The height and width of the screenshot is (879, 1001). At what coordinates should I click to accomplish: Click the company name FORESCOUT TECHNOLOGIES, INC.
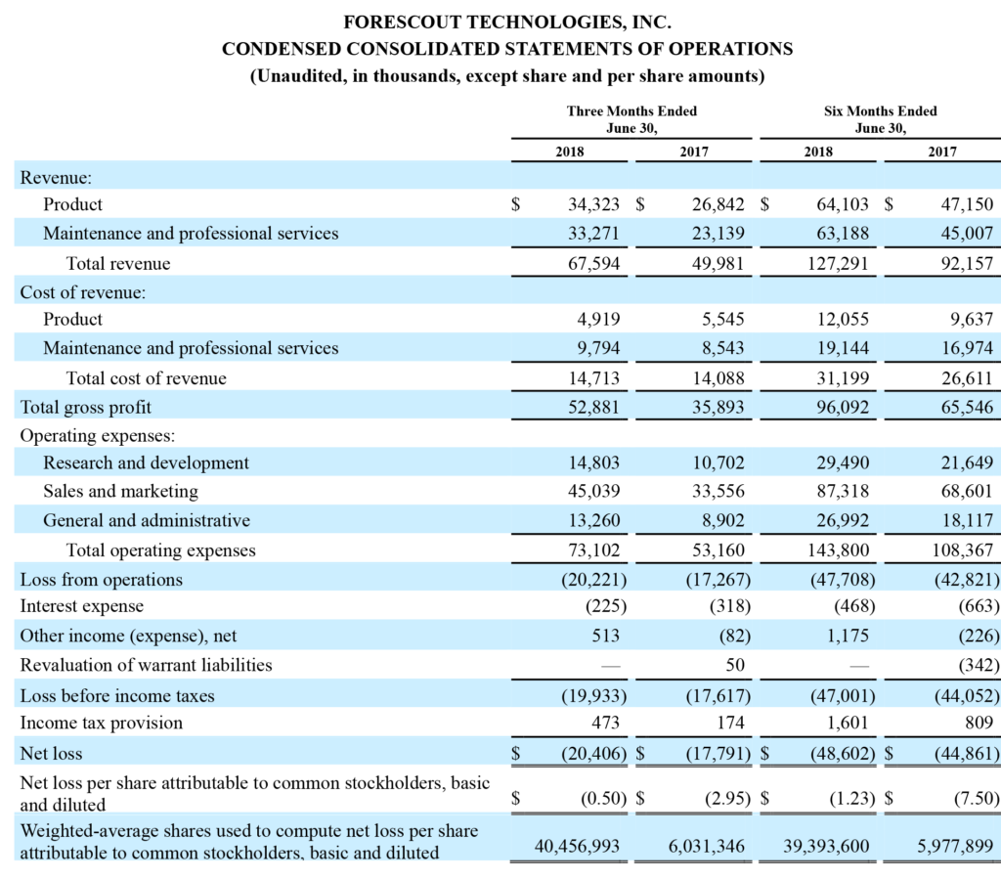pos(507,22)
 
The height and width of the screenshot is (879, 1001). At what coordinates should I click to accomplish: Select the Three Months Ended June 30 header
pos(632,119)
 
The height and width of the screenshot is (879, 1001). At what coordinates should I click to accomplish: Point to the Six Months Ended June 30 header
pos(881,119)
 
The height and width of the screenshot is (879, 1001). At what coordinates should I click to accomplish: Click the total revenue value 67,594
pos(593,263)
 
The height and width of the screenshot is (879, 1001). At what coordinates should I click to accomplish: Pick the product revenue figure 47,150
pos(967,204)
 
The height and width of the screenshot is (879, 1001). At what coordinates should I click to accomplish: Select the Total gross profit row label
pos(86,408)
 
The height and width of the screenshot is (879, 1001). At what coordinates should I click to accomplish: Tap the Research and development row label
pos(147,462)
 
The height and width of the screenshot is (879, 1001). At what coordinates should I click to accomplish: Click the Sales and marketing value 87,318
pos(843,491)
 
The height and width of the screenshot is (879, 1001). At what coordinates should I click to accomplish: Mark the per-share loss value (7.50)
pos(977,798)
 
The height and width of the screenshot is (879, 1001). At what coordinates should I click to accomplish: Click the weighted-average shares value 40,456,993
pos(577,847)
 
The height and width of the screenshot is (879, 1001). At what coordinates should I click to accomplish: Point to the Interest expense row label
pos(82,606)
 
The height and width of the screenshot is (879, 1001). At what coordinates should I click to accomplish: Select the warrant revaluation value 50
pos(735,665)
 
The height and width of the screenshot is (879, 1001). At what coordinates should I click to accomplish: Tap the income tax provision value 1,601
pos(848,723)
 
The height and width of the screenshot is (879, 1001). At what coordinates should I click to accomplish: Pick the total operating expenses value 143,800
pos(838,550)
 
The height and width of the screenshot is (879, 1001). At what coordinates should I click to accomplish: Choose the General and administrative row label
pos(147,520)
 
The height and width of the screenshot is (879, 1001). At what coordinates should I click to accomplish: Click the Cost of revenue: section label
pos(83,292)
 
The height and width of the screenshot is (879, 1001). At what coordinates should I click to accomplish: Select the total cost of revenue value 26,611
pos(967,378)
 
